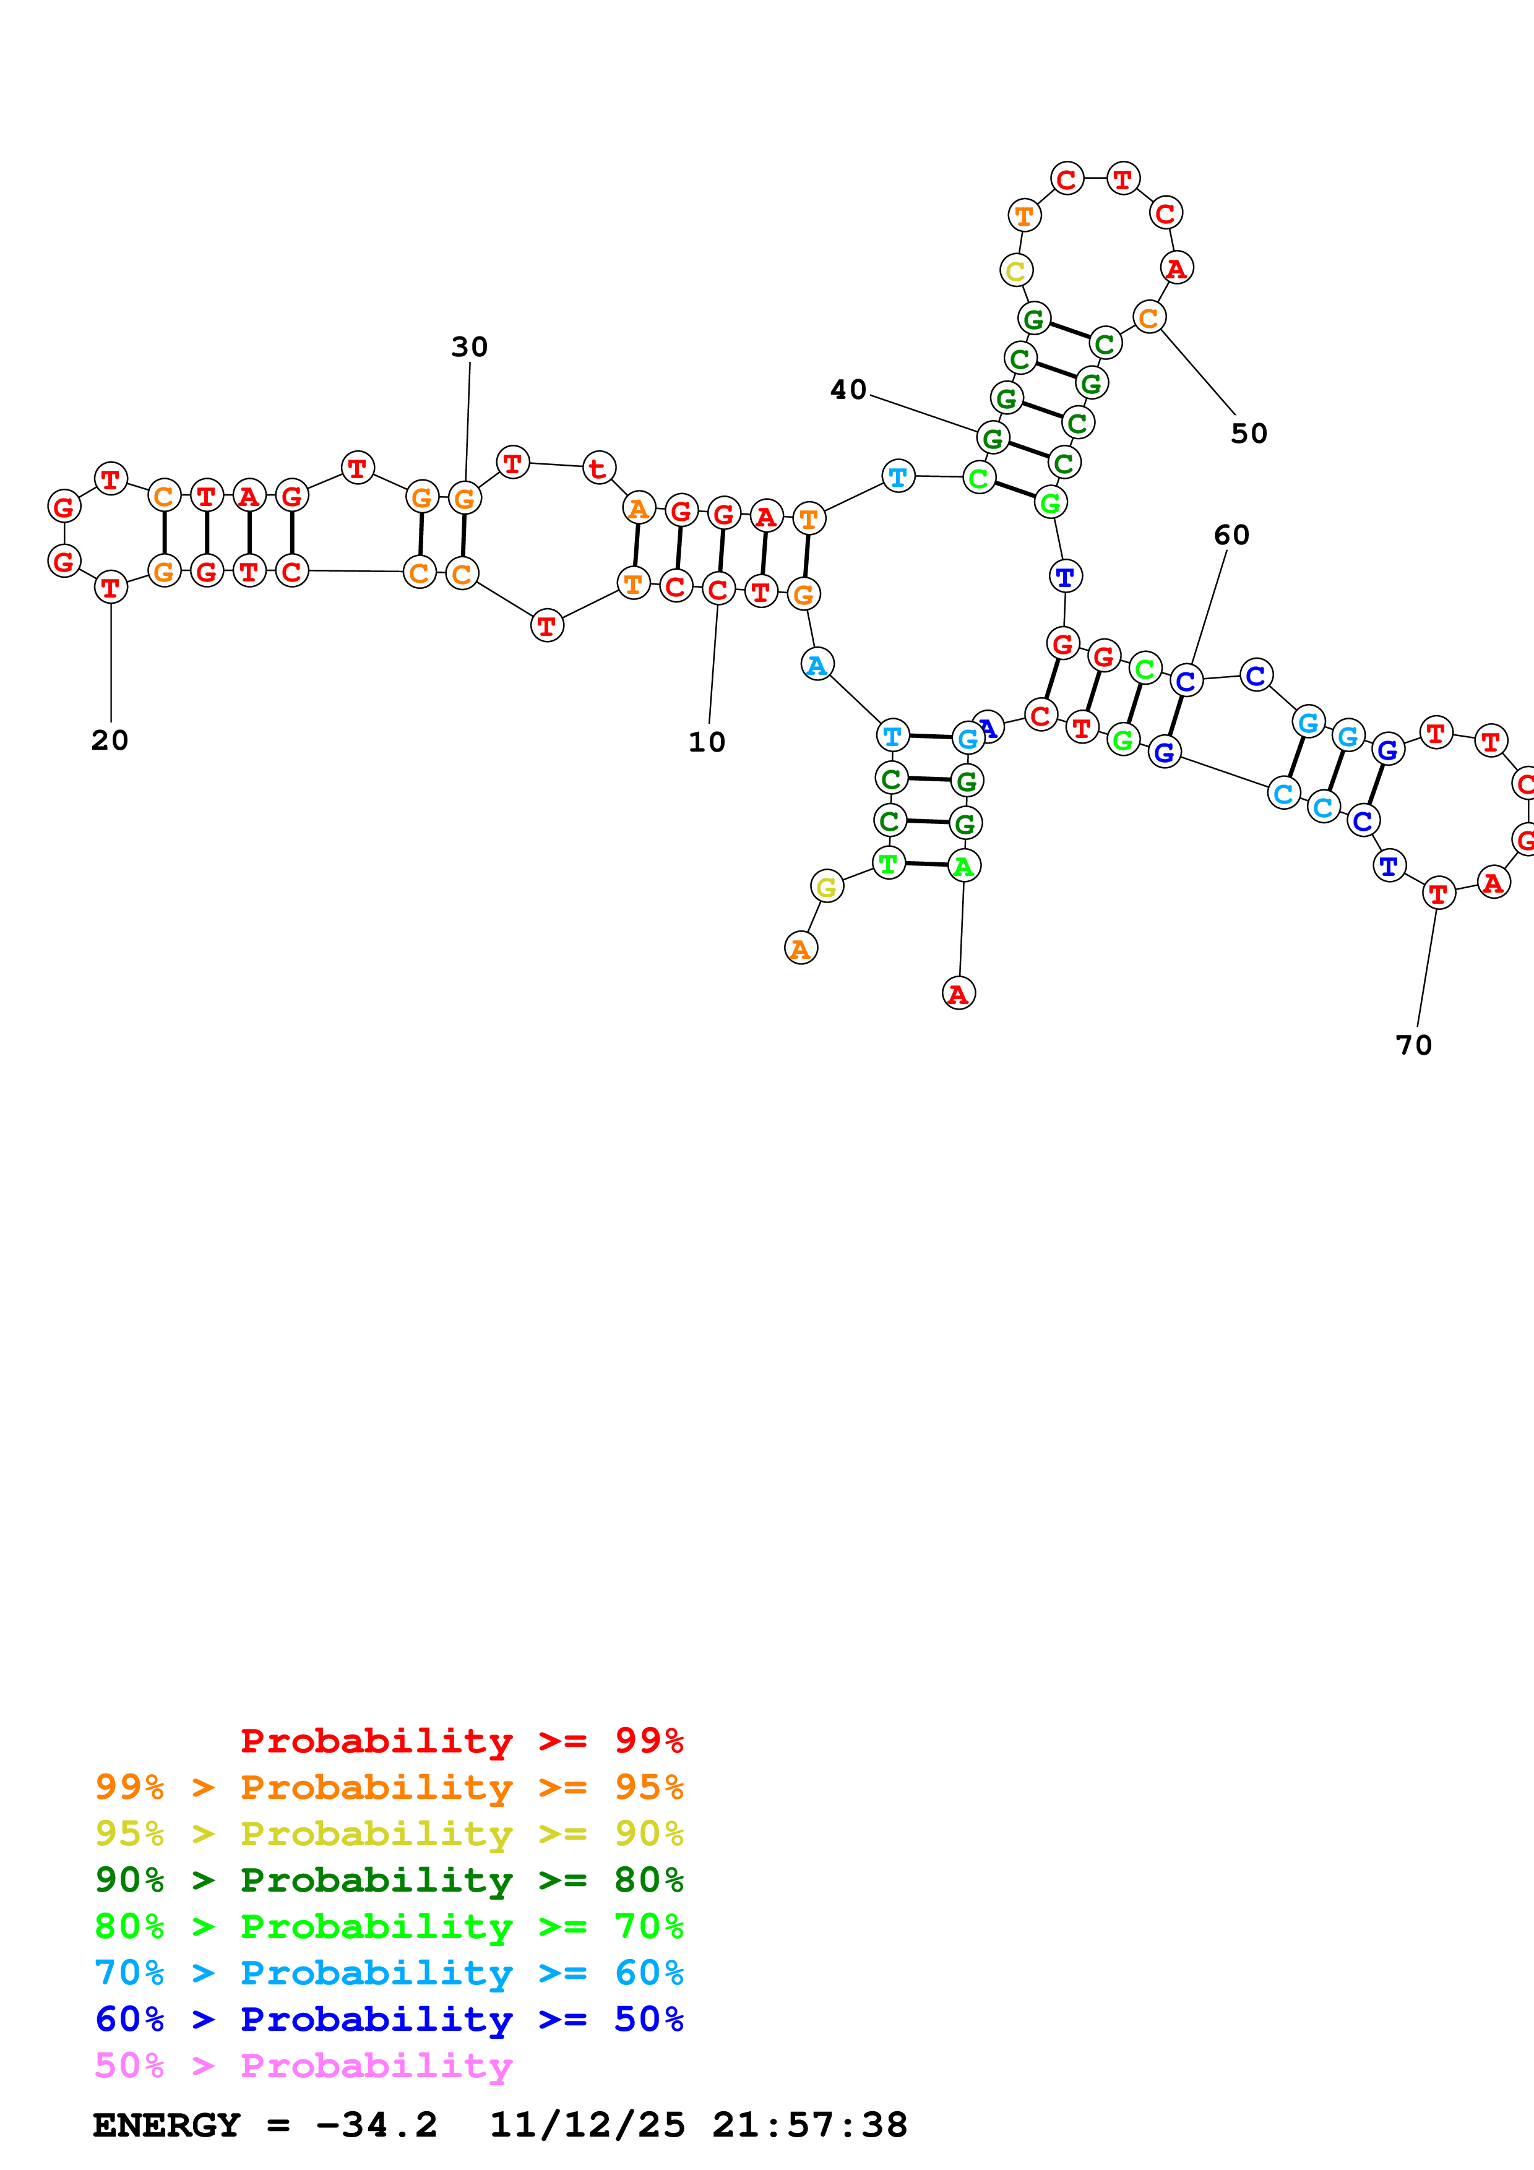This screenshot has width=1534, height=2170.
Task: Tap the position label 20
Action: click(x=110, y=740)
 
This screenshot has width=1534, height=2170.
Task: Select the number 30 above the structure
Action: click(x=469, y=347)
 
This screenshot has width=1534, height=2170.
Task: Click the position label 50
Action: click(x=1249, y=433)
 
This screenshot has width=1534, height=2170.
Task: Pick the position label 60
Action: click(x=1231, y=535)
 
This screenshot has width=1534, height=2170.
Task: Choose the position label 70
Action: click(x=1414, y=1045)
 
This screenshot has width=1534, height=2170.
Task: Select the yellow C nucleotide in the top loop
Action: click(x=1016, y=271)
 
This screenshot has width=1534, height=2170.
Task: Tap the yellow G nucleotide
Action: click(x=826, y=886)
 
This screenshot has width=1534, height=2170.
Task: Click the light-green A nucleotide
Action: click(x=963, y=866)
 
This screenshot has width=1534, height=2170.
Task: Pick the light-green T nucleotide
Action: click(x=887, y=863)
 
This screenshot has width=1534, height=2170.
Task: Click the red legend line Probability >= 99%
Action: click(x=461, y=1740)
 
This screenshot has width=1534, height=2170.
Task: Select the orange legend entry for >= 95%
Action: click(x=389, y=1787)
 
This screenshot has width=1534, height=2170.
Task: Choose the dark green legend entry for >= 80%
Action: click(x=389, y=1880)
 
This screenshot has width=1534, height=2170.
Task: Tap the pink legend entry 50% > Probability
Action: click(x=303, y=2065)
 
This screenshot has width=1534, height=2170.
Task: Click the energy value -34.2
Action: click(x=376, y=2125)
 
